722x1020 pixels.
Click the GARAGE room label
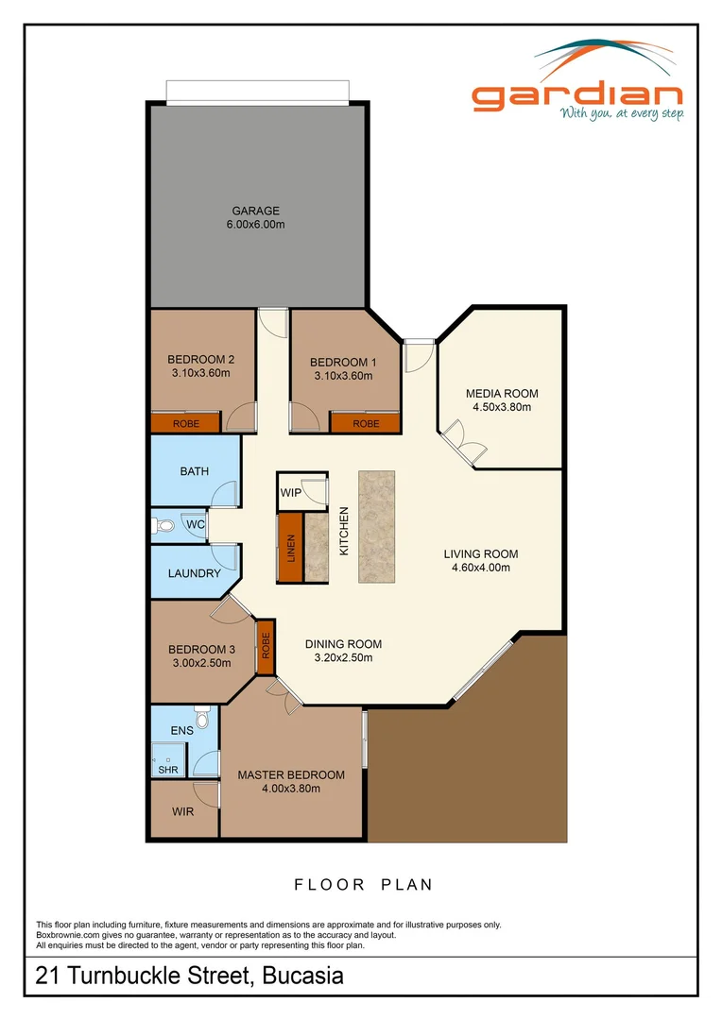[255, 211]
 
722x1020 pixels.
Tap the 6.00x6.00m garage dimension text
[255, 225]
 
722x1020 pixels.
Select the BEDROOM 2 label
[200, 359]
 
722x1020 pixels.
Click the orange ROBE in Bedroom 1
[365, 423]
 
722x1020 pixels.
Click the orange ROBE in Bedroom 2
[185, 423]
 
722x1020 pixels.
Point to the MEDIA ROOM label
[502, 393]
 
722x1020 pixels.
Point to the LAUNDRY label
[194, 573]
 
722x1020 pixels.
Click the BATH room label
[194, 471]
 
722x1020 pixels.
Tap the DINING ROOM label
[343, 644]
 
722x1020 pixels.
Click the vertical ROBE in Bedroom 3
[265, 645]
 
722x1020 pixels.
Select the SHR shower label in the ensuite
[167, 770]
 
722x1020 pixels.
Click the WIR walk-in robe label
[183, 811]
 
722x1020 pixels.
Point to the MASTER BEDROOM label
[291, 774]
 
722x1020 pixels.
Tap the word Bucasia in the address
[302, 976]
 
